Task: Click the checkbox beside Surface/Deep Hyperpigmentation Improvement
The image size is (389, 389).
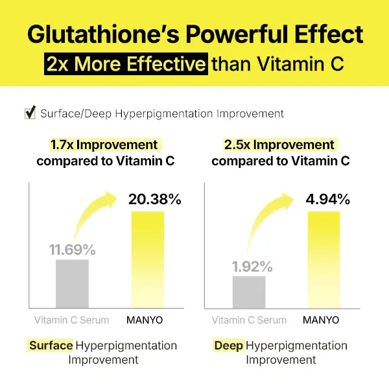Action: pyautogui.click(x=29, y=113)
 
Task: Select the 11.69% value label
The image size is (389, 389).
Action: pyautogui.click(x=72, y=249)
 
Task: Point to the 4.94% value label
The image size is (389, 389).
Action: pyautogui.click(x=327, y=199)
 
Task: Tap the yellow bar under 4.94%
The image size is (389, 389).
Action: pyautogui.click(x=324, y=259)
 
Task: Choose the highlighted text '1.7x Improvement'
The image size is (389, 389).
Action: pyautogui.click(x=104, y=145)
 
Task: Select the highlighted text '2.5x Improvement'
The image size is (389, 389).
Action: pyautogui.click(x=279, y=145)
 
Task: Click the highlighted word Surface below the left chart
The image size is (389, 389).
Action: pyautogui.click(x=51, y=346)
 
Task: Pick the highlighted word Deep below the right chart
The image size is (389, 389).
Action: pyautogui.click(x=228, y=346)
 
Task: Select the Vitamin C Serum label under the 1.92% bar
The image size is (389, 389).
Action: pyautogui.click(x=249, y=320)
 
